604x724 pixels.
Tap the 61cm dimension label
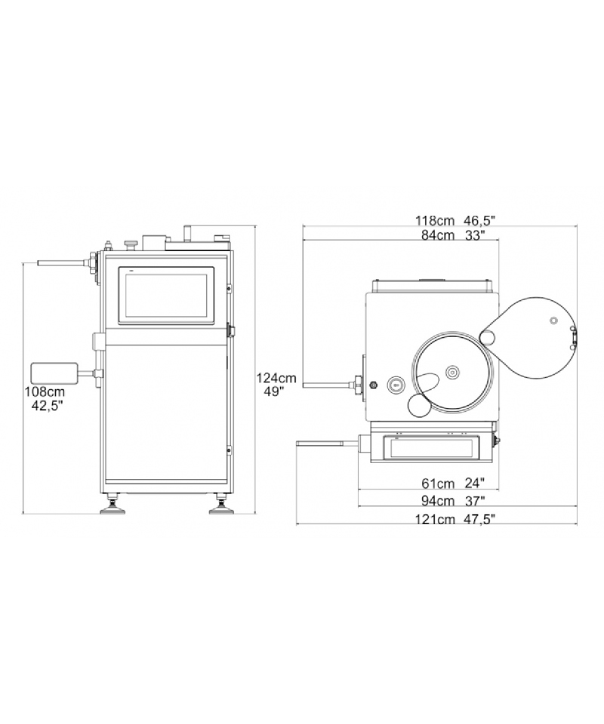pos(438,483)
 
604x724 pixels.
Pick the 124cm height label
pos(276,378)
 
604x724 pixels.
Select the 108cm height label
pos(45,392)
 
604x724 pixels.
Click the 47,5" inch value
pos(479,519)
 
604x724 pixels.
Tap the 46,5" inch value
pos(479,220)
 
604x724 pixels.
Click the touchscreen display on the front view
pos(166,296)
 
